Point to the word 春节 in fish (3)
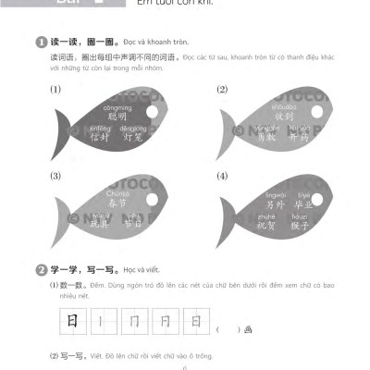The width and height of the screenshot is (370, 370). coord(117,203)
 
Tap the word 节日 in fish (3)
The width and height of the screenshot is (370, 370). coord(133,224)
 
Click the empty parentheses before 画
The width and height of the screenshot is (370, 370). coord(228,329)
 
